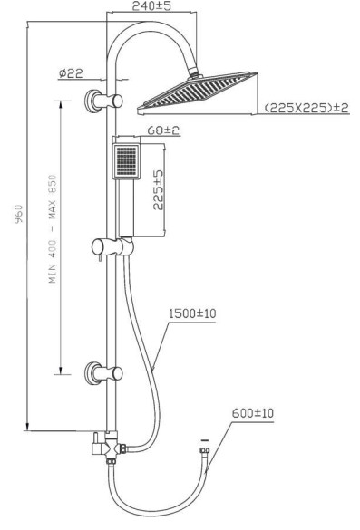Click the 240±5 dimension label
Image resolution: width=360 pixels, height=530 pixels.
pyautogui.click(x=151, y=5)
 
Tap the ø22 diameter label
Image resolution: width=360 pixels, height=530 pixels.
pyautogui.click(x=71, y=73)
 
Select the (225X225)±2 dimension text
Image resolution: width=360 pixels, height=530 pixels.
pyautogui.click(x=306, y=108)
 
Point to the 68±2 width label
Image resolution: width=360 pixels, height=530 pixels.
pyautogui.click(x=163, y=130)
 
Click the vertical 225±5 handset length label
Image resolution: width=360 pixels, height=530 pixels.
pyautogui.click(x=158, y=190)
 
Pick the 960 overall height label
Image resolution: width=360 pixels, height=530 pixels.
pyautogui.click(x=19, y=214)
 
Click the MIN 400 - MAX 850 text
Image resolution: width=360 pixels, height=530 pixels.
pyautogui.click(x=53, y=229)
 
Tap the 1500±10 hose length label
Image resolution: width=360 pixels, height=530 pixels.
pyautogui.click(x=192, y=313)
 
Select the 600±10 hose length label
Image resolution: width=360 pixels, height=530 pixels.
pyautogui.click(x=252, y=413)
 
